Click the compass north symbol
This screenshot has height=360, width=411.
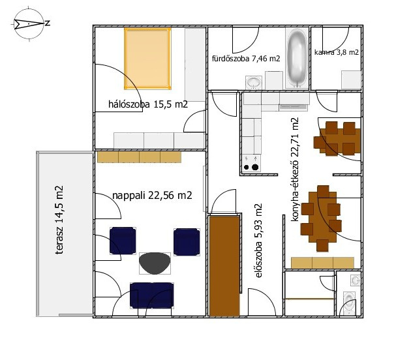point(29,24)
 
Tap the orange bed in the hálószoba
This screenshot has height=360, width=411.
point(147,59)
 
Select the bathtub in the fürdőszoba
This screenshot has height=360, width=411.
point(297,58)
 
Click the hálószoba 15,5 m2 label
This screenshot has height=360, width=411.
point(148,104)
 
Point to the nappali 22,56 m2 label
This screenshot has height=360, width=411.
point(152,195)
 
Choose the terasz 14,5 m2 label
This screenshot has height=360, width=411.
point(59,220)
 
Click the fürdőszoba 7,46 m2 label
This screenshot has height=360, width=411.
point(246,58)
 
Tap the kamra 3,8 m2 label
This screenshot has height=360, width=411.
point(336,52)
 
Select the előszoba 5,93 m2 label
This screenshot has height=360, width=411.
point(258,240)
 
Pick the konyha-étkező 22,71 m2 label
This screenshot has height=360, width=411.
point(295,170)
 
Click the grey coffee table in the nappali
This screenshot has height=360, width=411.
point(155,263)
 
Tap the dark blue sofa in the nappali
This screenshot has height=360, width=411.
point(152,295)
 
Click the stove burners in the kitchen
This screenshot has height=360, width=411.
point(251,167)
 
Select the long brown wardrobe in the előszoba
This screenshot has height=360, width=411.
point(224,266)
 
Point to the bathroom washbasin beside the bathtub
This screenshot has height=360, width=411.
point(254,83)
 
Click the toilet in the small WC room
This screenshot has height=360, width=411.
point(349,303)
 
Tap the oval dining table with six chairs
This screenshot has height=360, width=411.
point(322,218)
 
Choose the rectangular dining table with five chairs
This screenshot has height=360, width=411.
point(337,138)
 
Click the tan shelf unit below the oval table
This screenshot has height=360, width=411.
point(322,263)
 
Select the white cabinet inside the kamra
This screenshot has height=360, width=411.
point(351,80)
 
